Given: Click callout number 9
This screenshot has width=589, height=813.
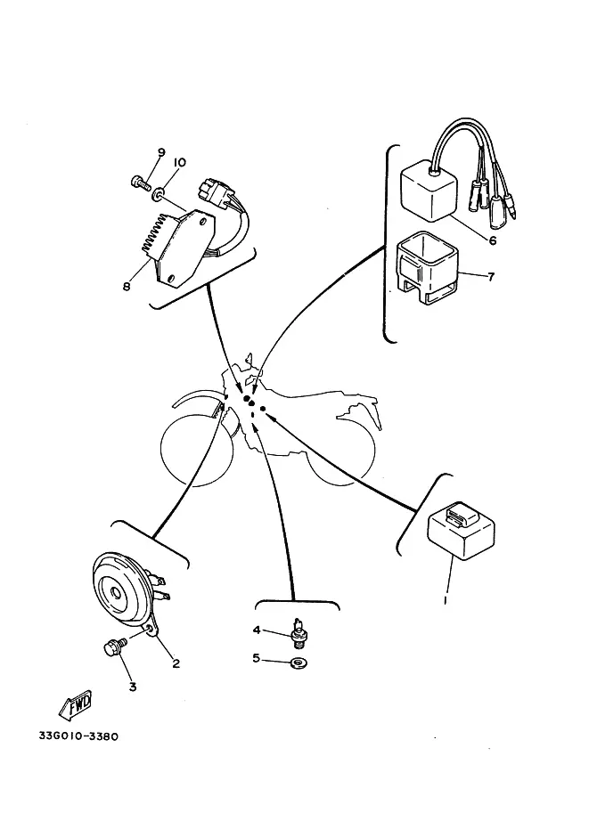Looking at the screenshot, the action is (161, 152).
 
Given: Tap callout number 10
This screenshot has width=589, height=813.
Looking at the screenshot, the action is (178, 163).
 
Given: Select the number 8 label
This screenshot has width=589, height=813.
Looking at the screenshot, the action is (127, 286).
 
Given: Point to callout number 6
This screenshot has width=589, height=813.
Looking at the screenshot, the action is (493, 240).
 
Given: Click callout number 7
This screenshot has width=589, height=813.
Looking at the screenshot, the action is (491, 276).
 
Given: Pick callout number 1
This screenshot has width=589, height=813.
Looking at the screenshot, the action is (446, 600).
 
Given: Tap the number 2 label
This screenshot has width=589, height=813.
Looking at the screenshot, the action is (176, 663).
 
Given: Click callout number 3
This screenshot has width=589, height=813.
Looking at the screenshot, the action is (133, 687).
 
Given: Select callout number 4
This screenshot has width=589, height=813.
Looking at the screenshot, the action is (257, 630).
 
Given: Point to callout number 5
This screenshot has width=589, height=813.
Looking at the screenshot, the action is (256, 658).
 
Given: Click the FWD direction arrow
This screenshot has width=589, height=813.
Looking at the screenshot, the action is (76, 704).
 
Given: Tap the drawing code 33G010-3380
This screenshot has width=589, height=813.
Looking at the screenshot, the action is (78, 736).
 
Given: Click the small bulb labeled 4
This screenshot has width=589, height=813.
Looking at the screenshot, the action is (298, 632).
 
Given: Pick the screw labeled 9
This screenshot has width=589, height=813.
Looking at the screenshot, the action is (140, 182).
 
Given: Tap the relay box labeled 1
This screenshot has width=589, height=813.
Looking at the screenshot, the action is (461, 531).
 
